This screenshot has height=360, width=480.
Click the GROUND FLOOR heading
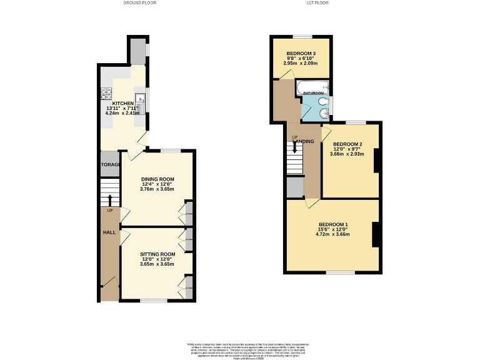(140, 3)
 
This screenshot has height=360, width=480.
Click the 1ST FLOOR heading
(317, 3)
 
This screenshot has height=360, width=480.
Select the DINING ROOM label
(157, 179)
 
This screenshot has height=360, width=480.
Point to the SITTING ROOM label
(157, 254)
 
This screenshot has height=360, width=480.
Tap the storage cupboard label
(110, 165)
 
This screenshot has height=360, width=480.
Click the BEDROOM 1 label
(333, 224)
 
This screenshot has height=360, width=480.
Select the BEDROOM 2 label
(348, 145)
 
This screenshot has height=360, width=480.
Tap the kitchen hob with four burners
(105, 96)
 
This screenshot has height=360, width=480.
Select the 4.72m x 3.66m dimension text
(333, 234)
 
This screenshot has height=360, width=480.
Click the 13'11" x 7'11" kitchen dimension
(123, 109)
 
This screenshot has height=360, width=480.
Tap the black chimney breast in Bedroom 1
(376, 234)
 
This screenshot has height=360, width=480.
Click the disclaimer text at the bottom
(240, 348)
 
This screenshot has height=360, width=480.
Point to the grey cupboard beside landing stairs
(294, 187)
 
